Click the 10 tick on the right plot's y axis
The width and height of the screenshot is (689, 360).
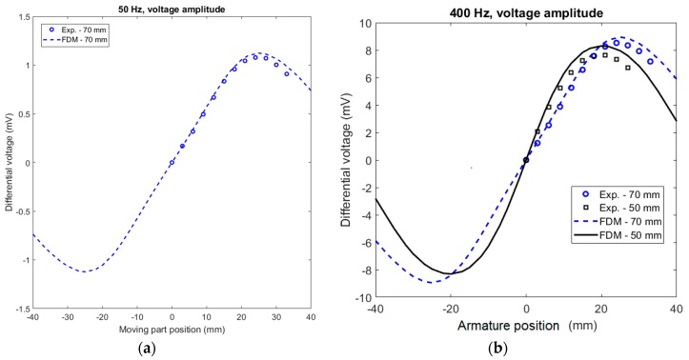point(364,24)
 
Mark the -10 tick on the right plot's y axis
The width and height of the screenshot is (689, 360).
point(361,298)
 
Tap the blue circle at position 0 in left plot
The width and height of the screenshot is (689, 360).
point(172,163)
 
